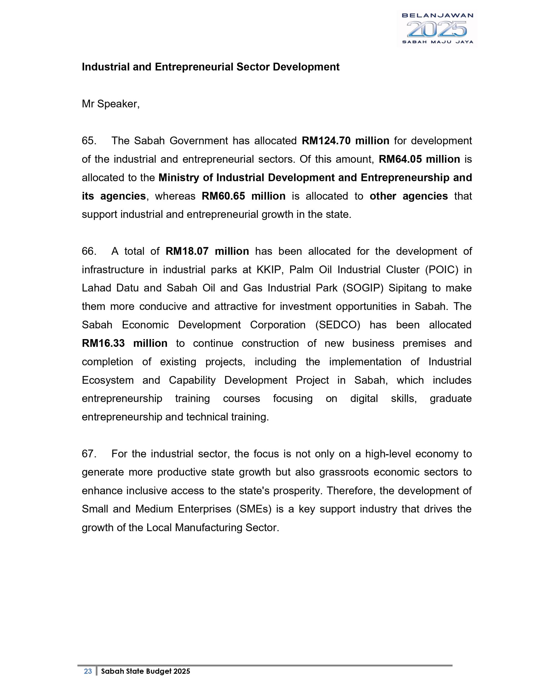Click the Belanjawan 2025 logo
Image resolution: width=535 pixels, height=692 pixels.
437,29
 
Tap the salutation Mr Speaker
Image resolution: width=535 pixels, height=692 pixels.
110,104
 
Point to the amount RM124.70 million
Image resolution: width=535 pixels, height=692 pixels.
346,141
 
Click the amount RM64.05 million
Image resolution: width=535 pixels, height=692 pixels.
419,159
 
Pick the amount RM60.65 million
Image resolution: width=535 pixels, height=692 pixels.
243,196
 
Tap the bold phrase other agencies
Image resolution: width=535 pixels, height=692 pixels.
408,196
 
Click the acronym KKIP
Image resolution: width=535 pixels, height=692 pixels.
266,270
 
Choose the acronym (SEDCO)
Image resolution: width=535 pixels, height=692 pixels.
338,325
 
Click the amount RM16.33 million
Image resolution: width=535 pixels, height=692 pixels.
125,343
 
